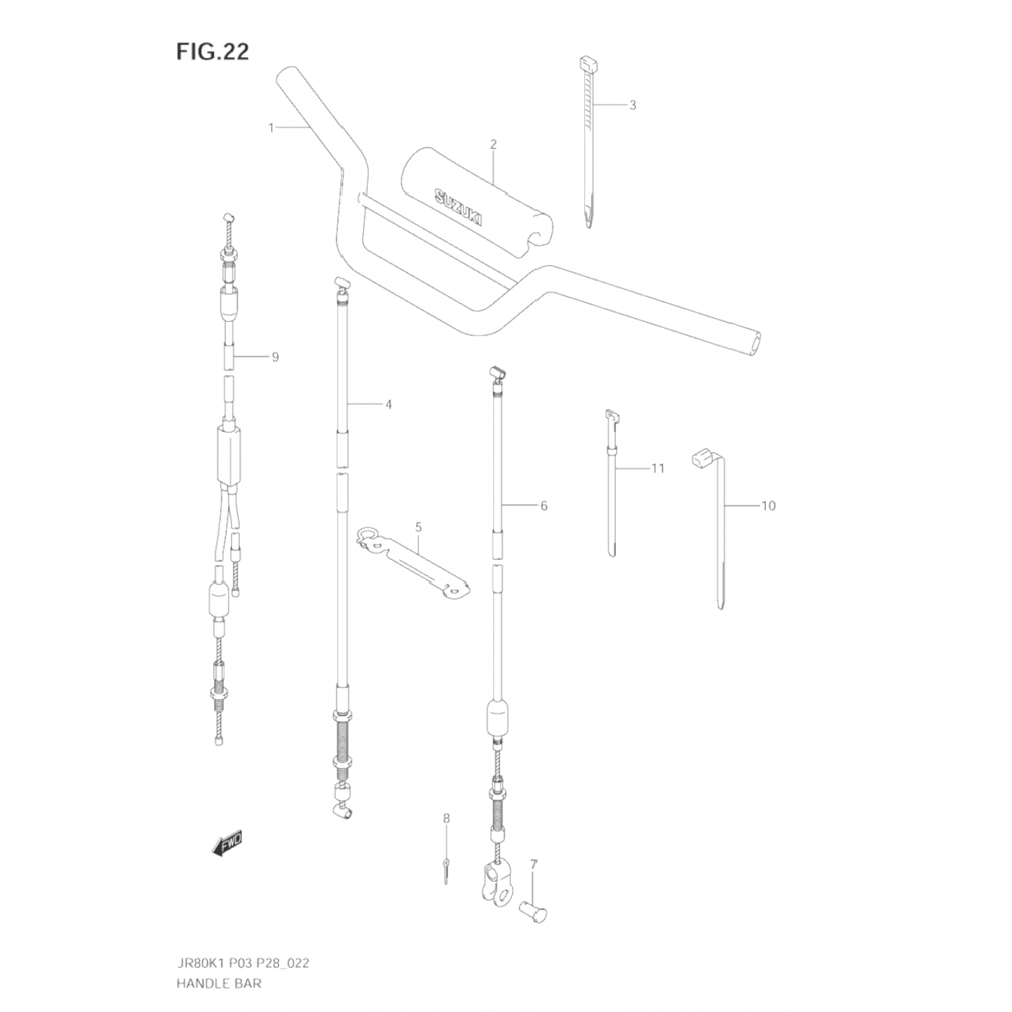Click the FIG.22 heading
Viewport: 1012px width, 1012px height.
pyautogui.click(x=213, y=51)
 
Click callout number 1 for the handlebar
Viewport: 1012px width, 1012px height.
pyautogui.click(x=271, y=128)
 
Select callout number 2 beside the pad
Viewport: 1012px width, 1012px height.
pyautogui.click(x=493, y=144)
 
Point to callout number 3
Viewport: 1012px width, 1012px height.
pyautogui.click(x=632, y=105)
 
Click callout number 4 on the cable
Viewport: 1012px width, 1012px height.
pyautogui.click(x=388, y=405)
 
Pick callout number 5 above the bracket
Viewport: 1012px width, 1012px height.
pyautogui.click(x=418, y=526)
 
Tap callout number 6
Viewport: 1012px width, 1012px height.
pyautogui.click(x=544, y=505)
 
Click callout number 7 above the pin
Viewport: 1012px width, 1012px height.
pyautogui.click(x=533, y=864)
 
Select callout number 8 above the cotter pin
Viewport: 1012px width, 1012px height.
pyautogui.click(x=446, y=818)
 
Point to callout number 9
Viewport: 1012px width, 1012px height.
pyautogui.click(x=275, y=357)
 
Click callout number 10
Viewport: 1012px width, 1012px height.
pyautogui.click(x=768, y=505)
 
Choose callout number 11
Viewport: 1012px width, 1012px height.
pyautogui.click(x=658, y=468)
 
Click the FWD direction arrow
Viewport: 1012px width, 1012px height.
pyautogui.click(x=227, y=843)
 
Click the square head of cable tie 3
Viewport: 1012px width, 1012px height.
pyautogui.click(x=588, y=64)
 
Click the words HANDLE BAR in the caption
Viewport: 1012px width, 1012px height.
pyautogui.click(x=219, y=983)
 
